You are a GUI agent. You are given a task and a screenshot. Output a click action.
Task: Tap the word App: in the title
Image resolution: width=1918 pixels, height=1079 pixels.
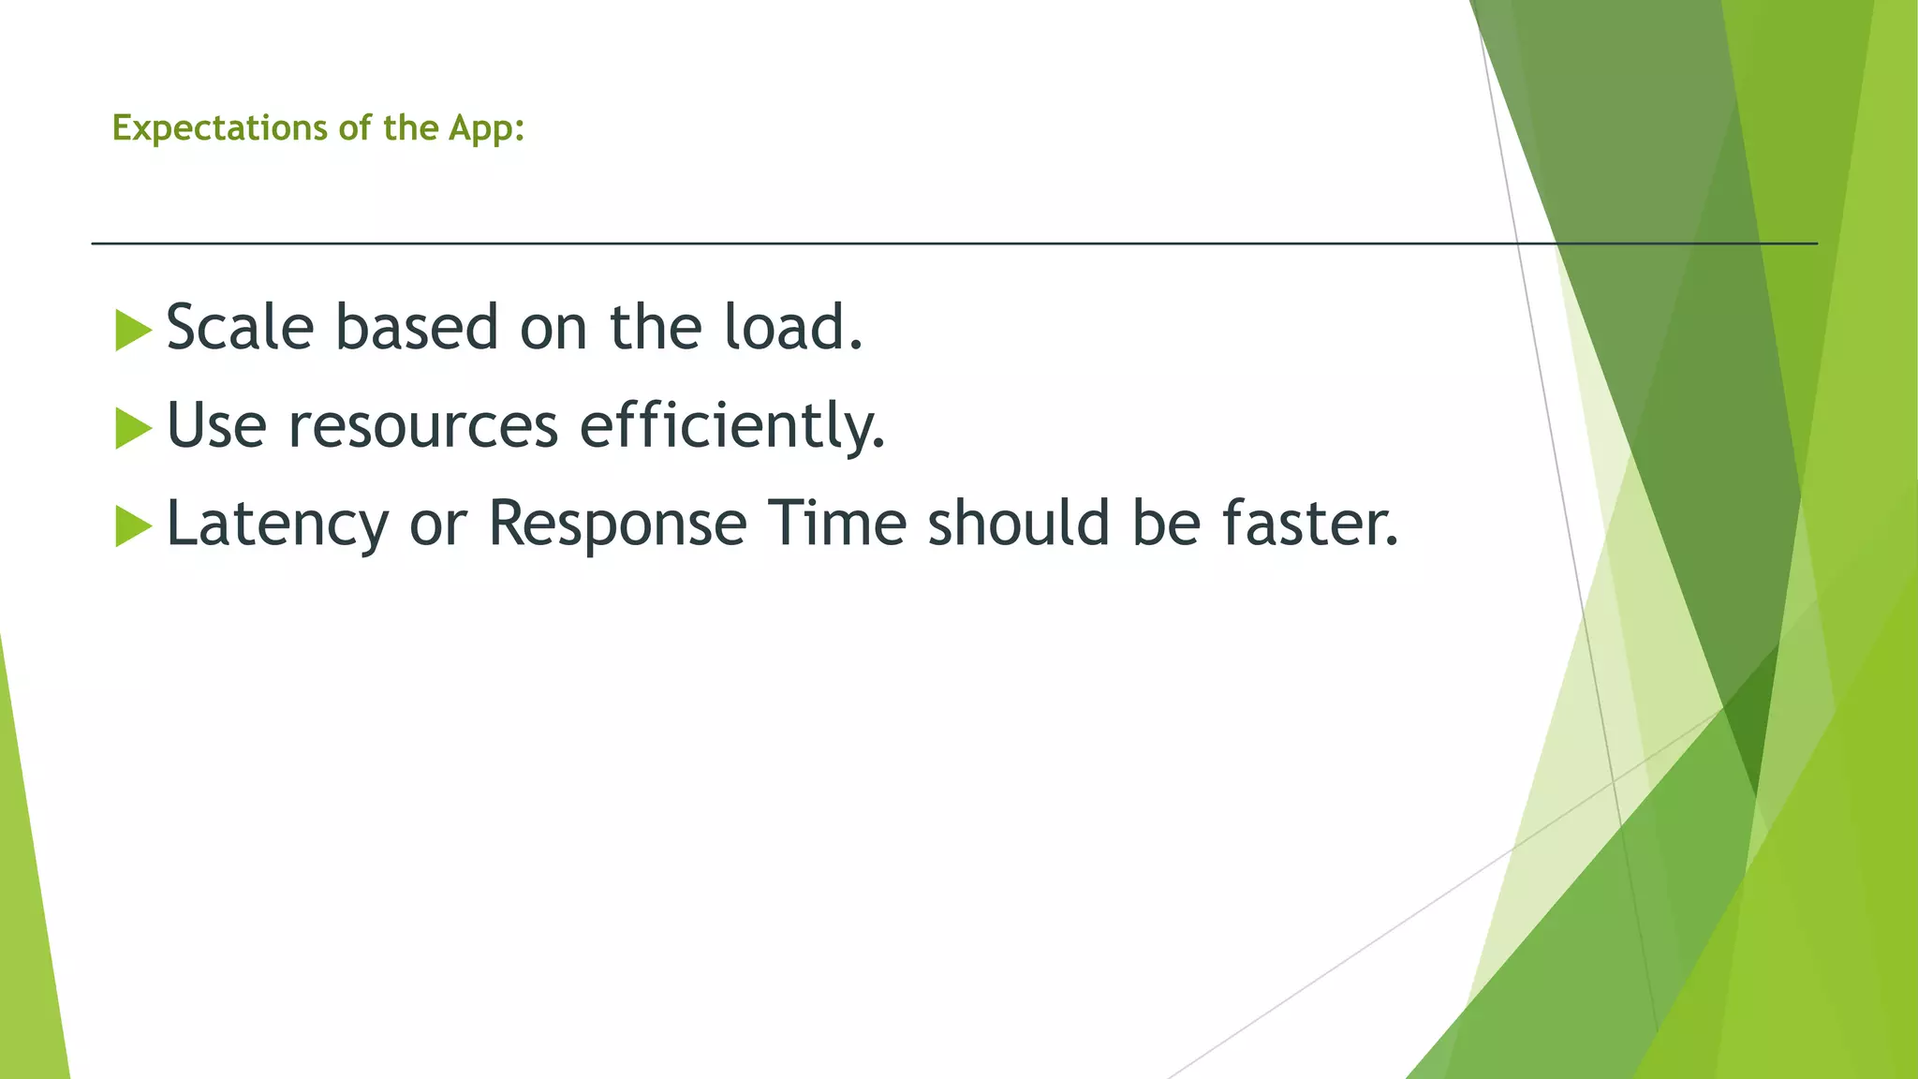486,128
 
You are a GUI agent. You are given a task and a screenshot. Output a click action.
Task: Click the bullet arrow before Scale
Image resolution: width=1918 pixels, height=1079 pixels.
133,331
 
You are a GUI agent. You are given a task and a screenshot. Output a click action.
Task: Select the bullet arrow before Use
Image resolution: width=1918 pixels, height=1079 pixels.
133,429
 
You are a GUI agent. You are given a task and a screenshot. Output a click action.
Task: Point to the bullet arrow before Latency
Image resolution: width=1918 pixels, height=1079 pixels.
133,526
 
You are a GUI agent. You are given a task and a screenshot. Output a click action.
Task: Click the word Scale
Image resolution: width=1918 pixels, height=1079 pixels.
240,328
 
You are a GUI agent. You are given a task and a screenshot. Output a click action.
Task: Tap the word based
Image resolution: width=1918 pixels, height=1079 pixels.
417,328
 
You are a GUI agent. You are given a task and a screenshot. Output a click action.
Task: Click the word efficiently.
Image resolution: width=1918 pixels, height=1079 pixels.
731,426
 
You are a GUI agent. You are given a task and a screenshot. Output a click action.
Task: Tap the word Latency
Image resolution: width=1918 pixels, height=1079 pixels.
277,524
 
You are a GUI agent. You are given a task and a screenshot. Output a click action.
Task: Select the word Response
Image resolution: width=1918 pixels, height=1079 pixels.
617,524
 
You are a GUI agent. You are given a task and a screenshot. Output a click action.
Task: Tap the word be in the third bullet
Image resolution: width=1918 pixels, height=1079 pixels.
1166,524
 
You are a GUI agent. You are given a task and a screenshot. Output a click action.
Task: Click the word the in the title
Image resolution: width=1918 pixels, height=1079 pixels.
410,128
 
